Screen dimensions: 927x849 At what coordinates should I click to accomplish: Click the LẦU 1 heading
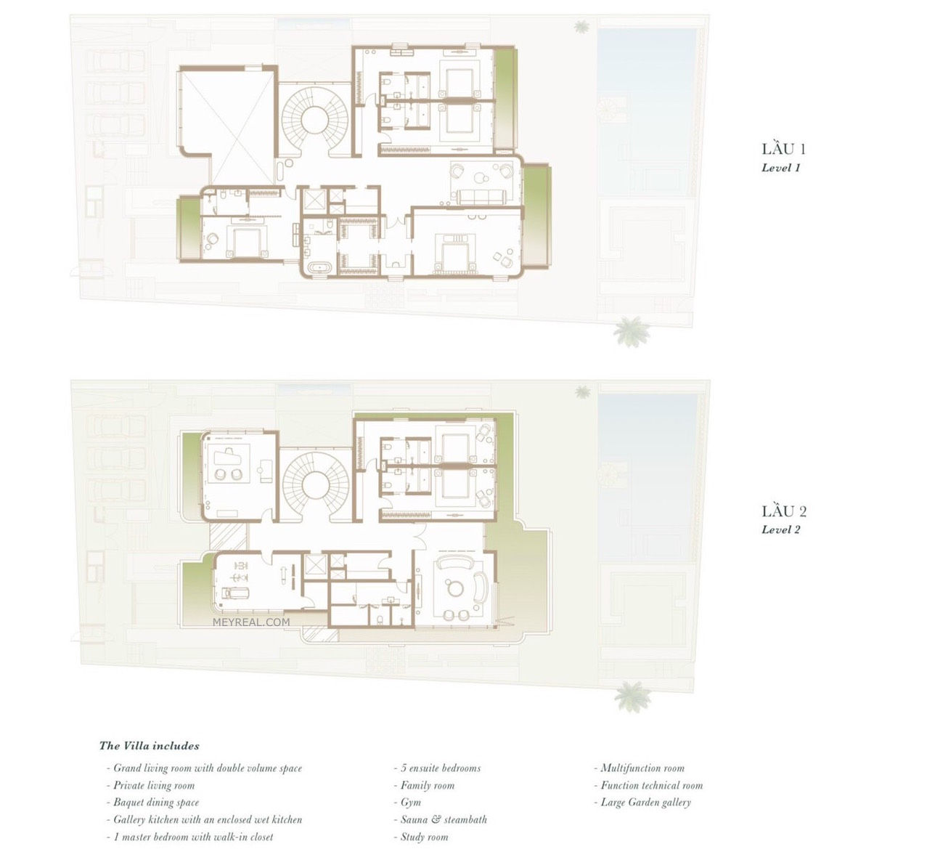click(x=784, y=149)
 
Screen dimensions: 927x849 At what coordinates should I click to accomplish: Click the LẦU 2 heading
click(x=784, y=511)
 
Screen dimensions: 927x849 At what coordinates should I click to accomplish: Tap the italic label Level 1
click(x=780, y=168)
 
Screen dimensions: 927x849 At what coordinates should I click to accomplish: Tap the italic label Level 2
click(x=780, y=530)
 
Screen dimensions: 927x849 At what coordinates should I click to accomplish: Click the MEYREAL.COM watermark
click(x=251, y=622)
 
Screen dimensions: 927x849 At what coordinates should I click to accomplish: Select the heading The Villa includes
click(x=150, y=746)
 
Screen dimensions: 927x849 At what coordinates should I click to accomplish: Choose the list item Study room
click(x=421, y=837)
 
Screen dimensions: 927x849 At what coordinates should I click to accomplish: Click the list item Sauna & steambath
click(x=441, y=819)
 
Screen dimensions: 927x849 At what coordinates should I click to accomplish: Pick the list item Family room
click(x=424, y=786)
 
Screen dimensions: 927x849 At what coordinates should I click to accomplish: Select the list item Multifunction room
click(x=639, y=768)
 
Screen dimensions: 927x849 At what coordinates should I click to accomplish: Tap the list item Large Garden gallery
click(x=642, y=803)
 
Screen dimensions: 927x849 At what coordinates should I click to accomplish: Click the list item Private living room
click(x=151, y=786)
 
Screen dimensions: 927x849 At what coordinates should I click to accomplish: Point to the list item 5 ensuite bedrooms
click(x=437, y=768)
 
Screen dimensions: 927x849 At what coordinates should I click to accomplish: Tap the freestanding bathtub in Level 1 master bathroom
click(x=319, y=269)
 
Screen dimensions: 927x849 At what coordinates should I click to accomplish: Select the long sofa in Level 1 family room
click(x=481, y=197)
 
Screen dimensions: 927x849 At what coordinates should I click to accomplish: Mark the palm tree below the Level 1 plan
click(x=631, y=331)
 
